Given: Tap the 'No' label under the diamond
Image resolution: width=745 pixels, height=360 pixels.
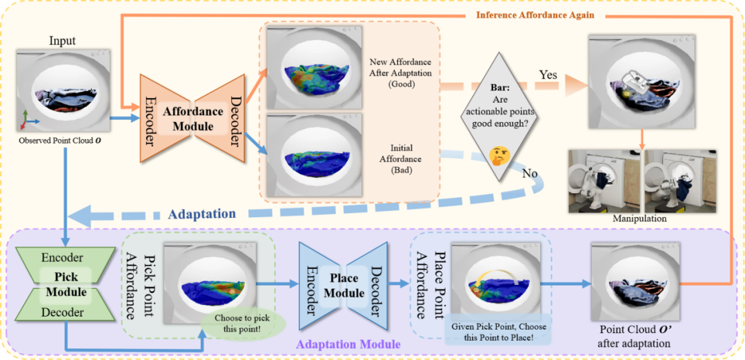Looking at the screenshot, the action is point(530,173).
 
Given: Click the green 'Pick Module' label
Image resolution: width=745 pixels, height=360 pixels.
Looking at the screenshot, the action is point(66,285).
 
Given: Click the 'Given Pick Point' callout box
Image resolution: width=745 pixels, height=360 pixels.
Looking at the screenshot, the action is point(499,329).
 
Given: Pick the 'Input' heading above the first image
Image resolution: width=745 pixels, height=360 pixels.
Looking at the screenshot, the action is point(62,41).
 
